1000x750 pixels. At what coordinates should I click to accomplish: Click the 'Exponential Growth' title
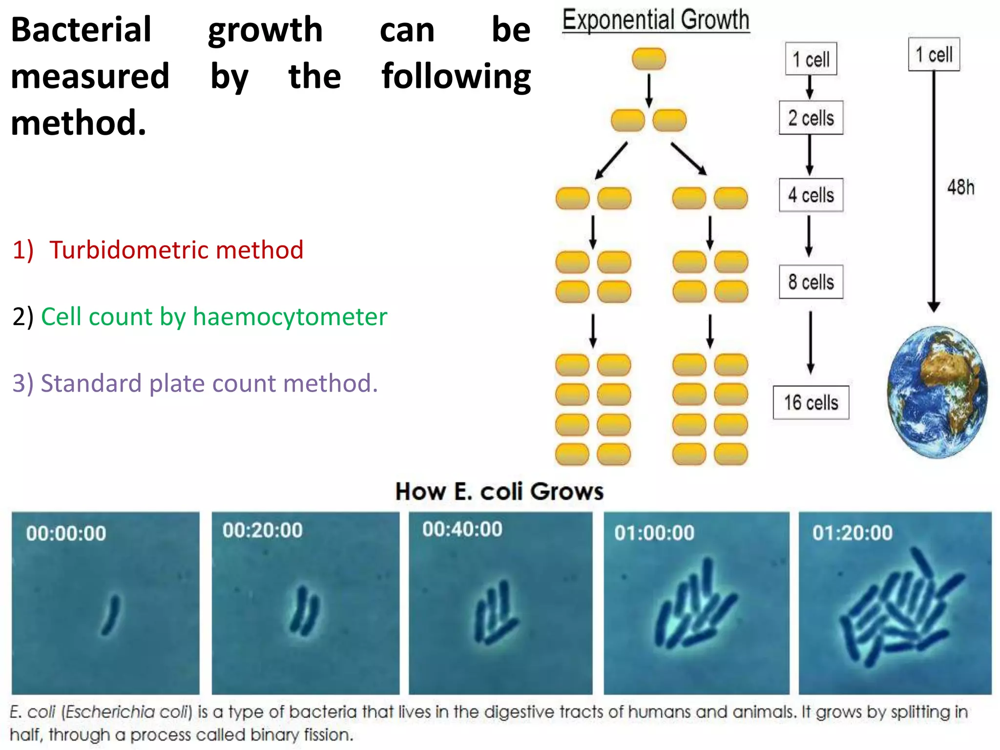pos(656,21)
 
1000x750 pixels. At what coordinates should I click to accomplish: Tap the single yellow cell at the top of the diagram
pos(649,59)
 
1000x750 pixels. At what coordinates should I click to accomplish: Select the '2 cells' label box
pos(811,118)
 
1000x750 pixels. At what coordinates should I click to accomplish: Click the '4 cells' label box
pos(811,195)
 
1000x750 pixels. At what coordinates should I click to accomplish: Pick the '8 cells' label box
pos(811,282)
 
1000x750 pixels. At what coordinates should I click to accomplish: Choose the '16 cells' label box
pos(811,403)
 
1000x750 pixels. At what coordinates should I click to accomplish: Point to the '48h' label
pos(960,187)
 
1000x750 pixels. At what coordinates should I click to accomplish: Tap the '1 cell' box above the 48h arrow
pos(934,55)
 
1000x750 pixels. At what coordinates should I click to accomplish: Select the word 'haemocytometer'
pos(290,317)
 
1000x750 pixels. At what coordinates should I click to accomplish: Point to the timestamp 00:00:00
pos(66,533)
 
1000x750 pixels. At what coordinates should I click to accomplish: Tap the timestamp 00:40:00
pos(462,530)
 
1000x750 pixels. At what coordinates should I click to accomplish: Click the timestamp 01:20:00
pos(853,533)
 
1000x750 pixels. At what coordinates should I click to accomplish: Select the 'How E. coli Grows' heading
pos(500,492)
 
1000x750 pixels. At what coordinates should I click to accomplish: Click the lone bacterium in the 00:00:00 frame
pos(111,615)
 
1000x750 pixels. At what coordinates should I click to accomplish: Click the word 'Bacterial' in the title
pos(81,30)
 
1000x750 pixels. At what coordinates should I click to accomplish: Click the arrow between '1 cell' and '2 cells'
pos(810,87)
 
